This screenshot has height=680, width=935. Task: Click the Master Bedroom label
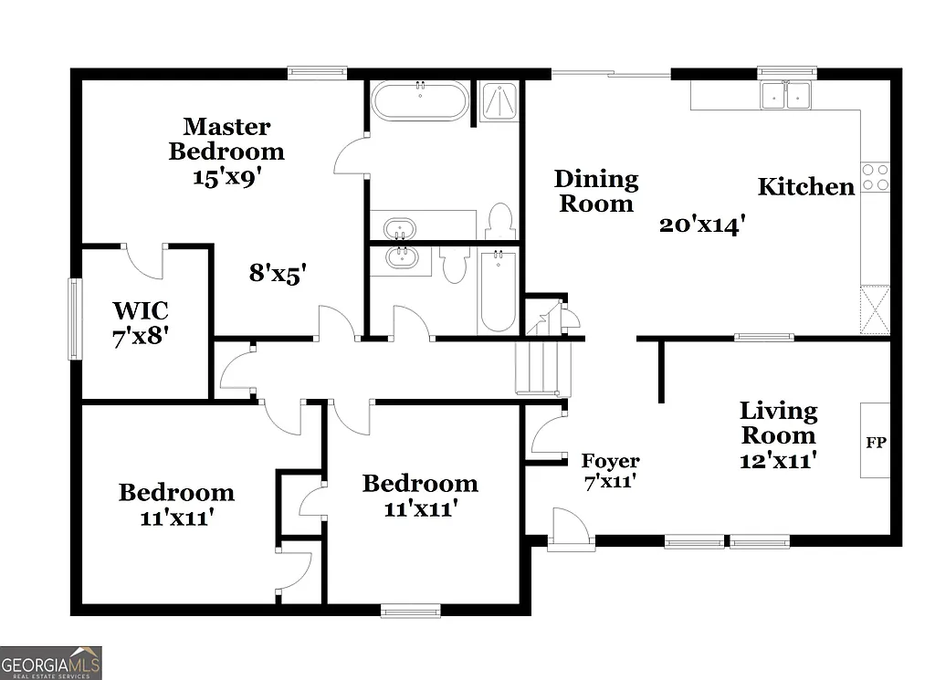[226, 151]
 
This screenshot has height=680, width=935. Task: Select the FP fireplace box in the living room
[875, 441]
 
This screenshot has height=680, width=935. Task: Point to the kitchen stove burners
[875, 177]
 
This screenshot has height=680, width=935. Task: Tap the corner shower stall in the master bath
[498, 101]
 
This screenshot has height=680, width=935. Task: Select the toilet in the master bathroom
[499, 221]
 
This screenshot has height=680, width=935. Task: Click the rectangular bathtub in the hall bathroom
[498, 292]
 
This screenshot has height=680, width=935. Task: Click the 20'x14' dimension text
[697, 224]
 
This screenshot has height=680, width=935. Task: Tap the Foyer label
[611, 470]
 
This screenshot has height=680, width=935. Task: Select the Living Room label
[778, 434]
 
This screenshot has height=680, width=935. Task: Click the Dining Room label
[596, 191]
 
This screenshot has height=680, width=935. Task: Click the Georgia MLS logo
[51, 663]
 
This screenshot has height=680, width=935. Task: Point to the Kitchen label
[806, 187]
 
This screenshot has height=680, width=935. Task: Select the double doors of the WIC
[144, 260]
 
